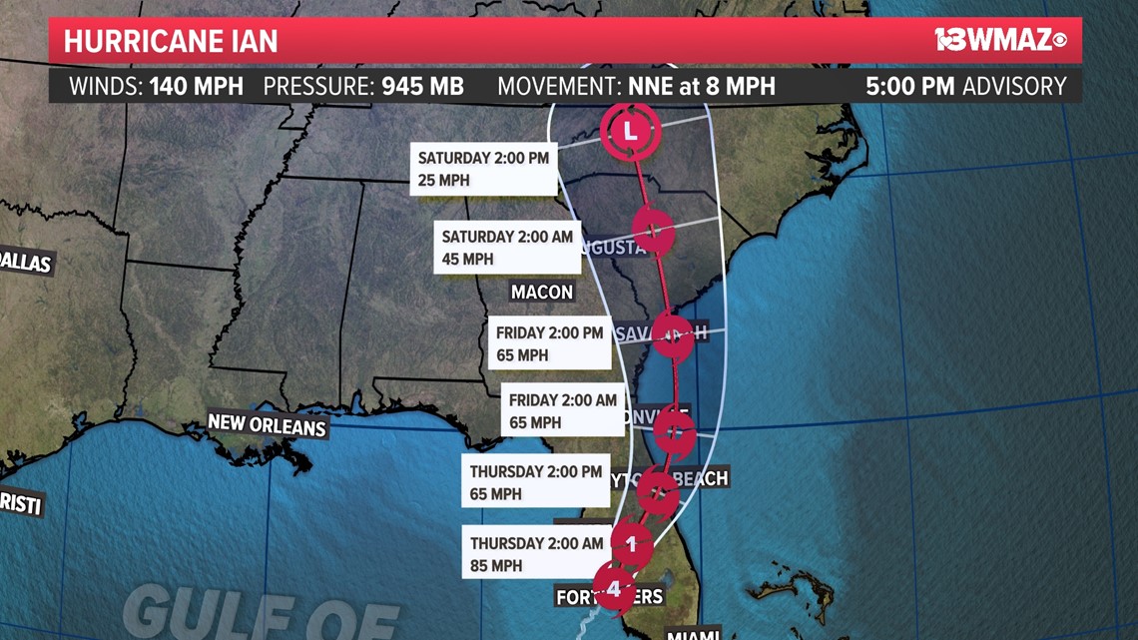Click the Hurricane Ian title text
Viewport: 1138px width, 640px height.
(x=171, y=42)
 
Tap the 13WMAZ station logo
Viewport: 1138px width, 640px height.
(x=1001, y=40)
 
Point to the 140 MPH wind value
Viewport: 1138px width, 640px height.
(x=197, y=86)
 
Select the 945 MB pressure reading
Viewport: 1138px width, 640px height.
(x=422, y=86)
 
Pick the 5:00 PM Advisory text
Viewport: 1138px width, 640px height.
(x=965, y=86)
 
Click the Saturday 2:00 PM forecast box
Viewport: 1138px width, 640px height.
(x=484, y=169)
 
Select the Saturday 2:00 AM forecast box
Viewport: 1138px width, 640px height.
(x=509, y=248)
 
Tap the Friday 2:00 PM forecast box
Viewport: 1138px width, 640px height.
(x=550, y=342)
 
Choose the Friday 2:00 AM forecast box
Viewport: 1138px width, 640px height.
(x=563, y=410)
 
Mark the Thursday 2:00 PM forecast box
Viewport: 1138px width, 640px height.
(x=536, y=481)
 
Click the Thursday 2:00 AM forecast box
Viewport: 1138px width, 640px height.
(x=537, y=554)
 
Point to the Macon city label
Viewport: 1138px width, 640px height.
(x=542, y=292)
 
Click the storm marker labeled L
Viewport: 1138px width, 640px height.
(x=630, y=129)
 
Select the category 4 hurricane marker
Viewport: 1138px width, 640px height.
(x=614, y=588)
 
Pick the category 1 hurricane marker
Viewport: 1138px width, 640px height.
(x=631, y=544)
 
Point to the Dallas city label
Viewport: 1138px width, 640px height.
(x=25, y=262)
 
